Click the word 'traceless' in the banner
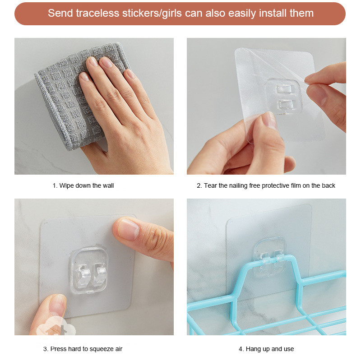point(97,13)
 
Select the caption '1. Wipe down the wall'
point(83,185)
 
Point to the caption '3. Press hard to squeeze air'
point(83,349)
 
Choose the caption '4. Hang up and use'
point(266,349)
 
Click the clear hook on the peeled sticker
point(283,97)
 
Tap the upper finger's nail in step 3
point(128,229)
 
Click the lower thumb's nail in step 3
point(58,305)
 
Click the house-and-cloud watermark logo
point(56,328)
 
